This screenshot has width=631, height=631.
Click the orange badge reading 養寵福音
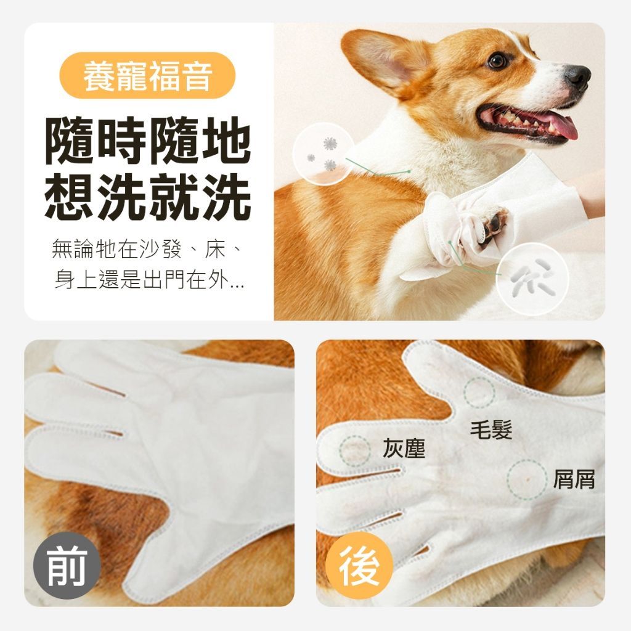(x=147, y=75)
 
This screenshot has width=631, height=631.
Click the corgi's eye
(x=497, y=60)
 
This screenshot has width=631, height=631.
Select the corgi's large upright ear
(x=382, y=61)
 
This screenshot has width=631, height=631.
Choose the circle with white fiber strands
(x=532, y=279)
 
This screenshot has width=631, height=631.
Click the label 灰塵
(x=404, y=448)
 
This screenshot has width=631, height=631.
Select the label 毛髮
(x=491, y=429)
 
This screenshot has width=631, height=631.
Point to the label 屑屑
(x=574, y=479)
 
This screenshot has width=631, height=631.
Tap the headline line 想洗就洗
(x=148, y=197)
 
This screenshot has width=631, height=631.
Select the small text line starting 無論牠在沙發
(x=147, y=249)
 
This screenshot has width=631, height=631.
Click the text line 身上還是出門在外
(x=149, y=279)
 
